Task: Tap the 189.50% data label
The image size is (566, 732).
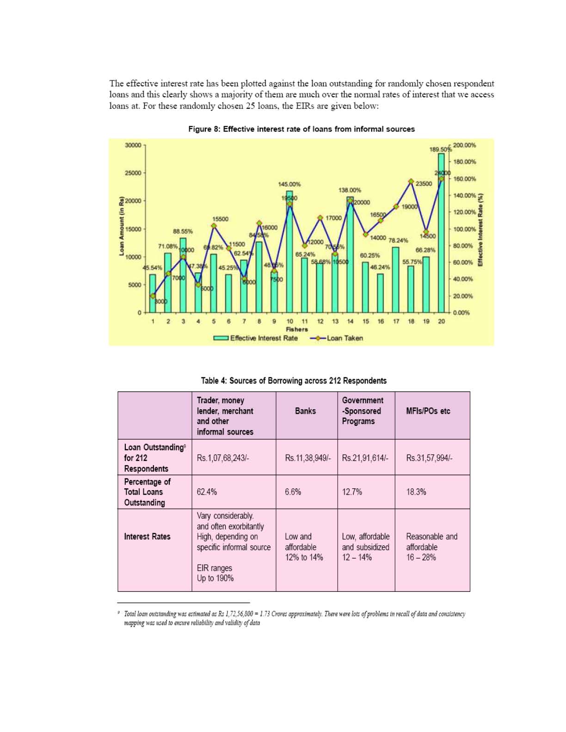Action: pyautogui.click(x=440, y=149)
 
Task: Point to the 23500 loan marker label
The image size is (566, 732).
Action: pyautogui.click(x=424, y=184)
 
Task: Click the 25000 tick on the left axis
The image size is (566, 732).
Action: pyautogui.click(x=133, y=173)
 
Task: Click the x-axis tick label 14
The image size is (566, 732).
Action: pyautogui.click(x=350, y=321)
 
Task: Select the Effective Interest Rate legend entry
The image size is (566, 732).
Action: pyautogui.click(x=256, y=338)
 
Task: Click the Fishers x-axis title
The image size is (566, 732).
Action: pyautogui.click(x=297, y=329)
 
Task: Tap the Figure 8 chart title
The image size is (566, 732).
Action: pyautogui.click(x=301, y=129)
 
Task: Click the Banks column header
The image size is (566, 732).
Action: pyautogui.click(x=305, y=411)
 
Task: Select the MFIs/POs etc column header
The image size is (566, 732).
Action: pyautogui.click(x=428, y=411)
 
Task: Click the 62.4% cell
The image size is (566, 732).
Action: pyautogui.click(x=207, y=492)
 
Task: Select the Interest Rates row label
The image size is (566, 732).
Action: pyautogui.click(x=147, y=536)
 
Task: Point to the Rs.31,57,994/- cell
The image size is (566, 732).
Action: pyautogui.click(x=429, y=458)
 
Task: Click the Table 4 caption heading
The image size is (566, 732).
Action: pyautogui.click(x=294, y=381)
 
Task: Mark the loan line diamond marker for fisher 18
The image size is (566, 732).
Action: pyautogui.click(x=411, y=181)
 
